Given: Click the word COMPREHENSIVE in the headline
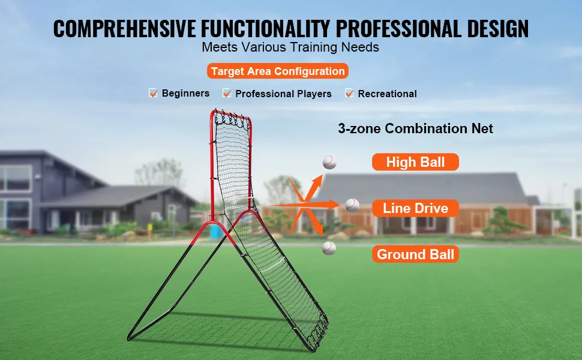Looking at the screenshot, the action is pos(124,29).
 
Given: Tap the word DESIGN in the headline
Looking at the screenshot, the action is pos(498,29).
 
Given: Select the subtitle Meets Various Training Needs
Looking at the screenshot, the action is pos(290,47).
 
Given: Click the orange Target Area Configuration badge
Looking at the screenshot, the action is pos(278,71).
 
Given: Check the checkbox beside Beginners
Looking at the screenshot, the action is pos(153,93).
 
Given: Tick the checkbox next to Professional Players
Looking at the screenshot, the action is pos(227,93).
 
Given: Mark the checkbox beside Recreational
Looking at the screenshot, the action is pos(349,93).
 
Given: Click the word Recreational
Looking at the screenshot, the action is pos(387,94).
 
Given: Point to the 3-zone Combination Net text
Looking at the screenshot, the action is pos(415,128).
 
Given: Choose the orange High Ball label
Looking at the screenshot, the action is pos(415,162).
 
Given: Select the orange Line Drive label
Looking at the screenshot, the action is pos(415,208).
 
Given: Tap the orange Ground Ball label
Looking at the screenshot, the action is pos(415,254).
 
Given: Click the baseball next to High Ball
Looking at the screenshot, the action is pos(329,162).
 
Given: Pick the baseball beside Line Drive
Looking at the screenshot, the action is pos(352,205).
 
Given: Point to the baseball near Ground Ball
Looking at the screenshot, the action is pos(329,248).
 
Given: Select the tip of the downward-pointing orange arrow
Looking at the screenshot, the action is pos(322,235).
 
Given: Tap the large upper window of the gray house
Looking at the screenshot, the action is pos(15,178).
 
